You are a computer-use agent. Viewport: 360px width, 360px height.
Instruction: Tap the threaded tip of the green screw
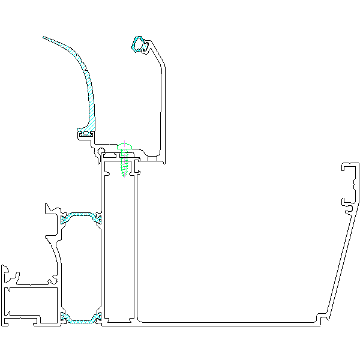[124, 174]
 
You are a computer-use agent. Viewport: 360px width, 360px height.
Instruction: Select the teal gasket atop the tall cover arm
[140, 44]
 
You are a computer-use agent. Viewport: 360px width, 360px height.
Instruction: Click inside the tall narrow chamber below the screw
[119, 240]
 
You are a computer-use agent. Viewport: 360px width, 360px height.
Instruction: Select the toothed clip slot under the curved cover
[85, 133]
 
